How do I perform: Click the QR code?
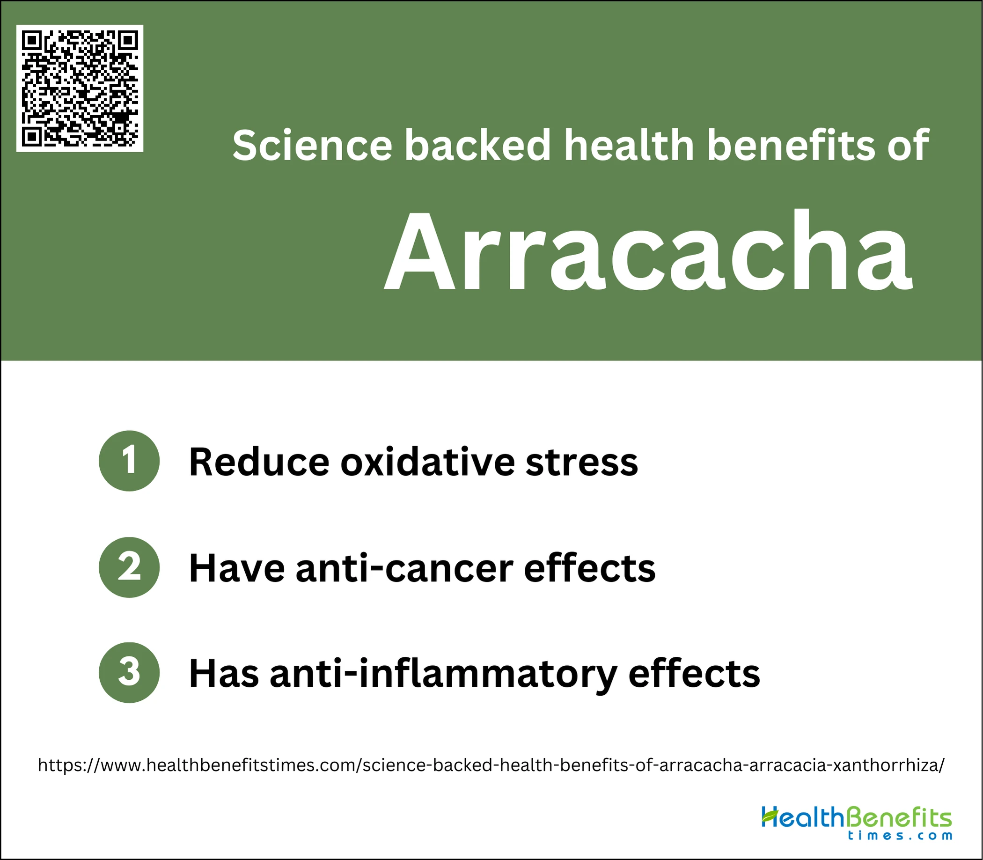(x=80, y=88)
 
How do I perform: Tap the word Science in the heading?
(x=312, y=145)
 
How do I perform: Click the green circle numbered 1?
(x=129, y=461)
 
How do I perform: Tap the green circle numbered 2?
(x=129, y=567)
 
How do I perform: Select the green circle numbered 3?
(x=129, y=673)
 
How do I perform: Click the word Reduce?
(x=259, y=462)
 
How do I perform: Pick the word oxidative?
(x=427, y=462)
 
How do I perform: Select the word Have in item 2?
(x=237, y=568)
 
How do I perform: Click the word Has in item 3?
(x=224, y=674)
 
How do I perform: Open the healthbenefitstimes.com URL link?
(x=491, y=764)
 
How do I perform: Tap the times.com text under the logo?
(x=900, y=836)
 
